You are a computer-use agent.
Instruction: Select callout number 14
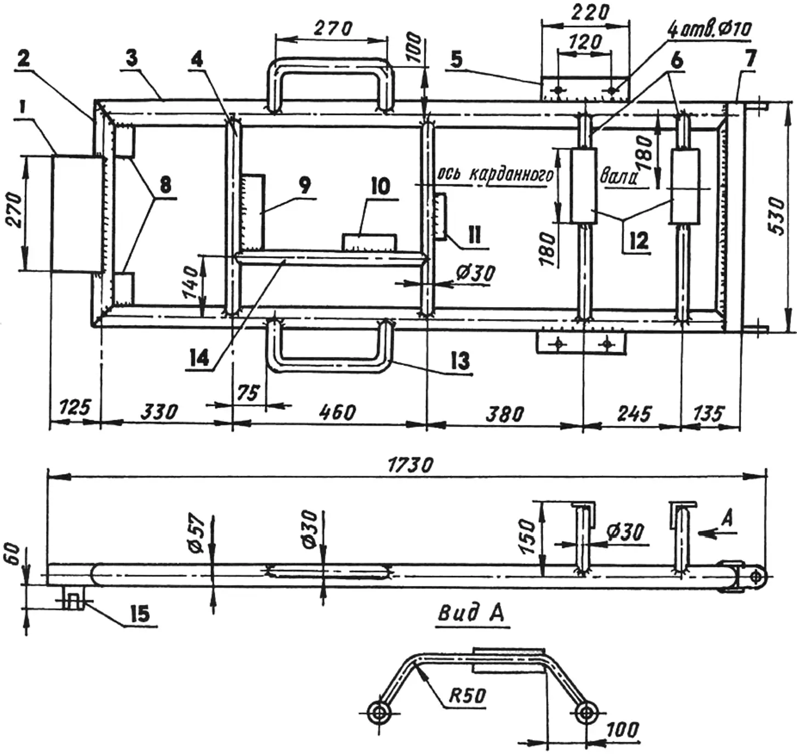tap(198, 358)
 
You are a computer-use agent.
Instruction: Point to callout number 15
tap(140, 614)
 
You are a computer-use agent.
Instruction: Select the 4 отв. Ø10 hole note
tap(709, 30)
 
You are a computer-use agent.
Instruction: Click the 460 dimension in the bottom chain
tap(337, 412)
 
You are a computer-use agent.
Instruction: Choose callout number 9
tap(305, 186)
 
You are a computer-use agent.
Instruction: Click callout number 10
tap(380, 187)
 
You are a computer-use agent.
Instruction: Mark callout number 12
tap(639, 241)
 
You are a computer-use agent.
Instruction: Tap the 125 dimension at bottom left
tap(75, 407)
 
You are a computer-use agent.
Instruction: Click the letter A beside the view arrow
tap(728, 519)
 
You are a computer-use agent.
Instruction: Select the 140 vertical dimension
tap(191, 282)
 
